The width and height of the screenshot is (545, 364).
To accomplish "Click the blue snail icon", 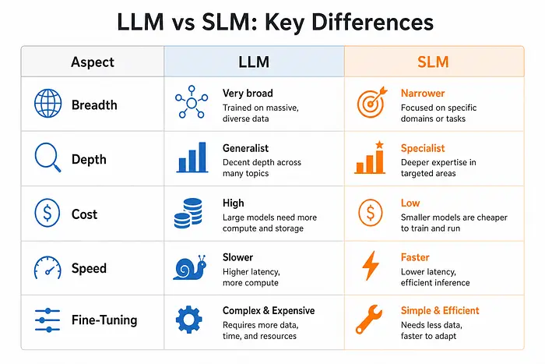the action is pyautogui.click(x=190, y=268).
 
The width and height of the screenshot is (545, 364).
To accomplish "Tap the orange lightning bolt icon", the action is pyautogui.click(x=370, y=266).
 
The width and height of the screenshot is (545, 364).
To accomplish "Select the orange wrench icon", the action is pyautogui.click(x=369, y=320).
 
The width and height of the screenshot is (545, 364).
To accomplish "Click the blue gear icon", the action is pyautogui.click(x=188, y=320).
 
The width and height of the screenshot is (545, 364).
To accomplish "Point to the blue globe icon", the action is pyautogui.click(x=48, y=104).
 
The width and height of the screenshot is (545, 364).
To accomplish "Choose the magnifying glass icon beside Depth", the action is pyautogui.click(x=47, y=157).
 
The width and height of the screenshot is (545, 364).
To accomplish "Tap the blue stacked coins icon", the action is pyautogui.click(x=188, y=213).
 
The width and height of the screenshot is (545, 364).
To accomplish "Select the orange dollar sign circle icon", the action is pyautogui.click(x=371, y=213).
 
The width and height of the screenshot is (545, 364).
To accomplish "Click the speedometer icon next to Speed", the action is pyautogui.click(x=47, y=267).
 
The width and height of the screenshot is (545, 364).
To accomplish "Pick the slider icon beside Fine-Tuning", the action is pyautogui.click(x=47, y=320).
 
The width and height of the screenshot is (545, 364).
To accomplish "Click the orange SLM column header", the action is pyautogui.click(x=433, y=62).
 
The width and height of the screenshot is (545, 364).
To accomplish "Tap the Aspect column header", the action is pyautogui.click(x=93, y=62).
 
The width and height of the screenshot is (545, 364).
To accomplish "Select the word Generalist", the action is pyautogui.click(x=245, y=148).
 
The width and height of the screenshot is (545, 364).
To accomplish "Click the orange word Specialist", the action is pyautogui.click(x=423, y=148).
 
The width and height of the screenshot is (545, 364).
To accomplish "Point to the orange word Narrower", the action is pyautogui.click(x=423, y=94).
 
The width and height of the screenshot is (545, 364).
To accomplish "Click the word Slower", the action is pyautogui.click(x=237, y=257).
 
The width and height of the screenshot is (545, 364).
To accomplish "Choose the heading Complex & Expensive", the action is pyautogui.click(x=269, y=310).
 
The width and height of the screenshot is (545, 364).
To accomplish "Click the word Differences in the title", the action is pyautogui.click(x=372, y=23).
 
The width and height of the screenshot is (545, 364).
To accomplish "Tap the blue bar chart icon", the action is pyautogui.click(x=192, y=157).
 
